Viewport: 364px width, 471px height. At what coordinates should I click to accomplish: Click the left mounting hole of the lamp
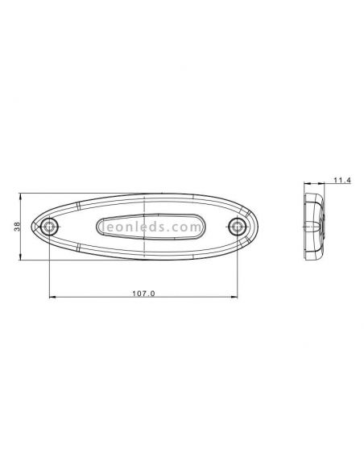pos(50,227)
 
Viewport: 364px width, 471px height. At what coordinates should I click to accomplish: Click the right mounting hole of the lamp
pos(236,225)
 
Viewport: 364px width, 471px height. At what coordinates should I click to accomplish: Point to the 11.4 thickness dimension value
pos(341,180)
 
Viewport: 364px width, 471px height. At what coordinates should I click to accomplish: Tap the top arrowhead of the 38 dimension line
pos(22,195)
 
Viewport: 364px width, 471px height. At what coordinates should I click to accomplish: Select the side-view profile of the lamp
pos(312,225)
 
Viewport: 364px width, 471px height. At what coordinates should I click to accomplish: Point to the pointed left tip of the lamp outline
pos(34,228)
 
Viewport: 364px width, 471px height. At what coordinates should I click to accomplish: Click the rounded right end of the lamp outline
pos(252,224)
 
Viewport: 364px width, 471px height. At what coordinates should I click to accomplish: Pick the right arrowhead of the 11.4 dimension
pos(325,184)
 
